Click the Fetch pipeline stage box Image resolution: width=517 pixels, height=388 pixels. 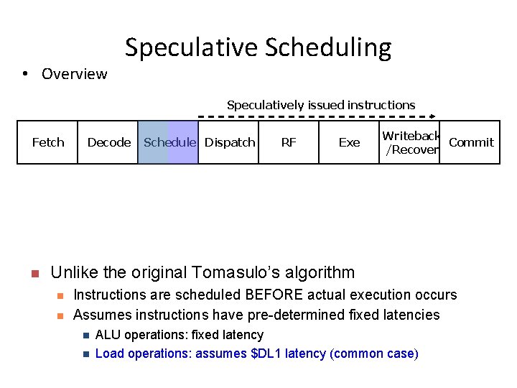(x=48, y=142)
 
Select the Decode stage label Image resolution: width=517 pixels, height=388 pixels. (x=109, y=142)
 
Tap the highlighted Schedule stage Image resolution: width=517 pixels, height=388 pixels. (x=169, y=142)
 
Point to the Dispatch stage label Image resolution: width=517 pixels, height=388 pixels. (x=230, y=142)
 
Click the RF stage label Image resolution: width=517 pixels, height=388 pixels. (x=289, y=142)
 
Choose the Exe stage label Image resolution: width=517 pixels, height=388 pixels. (x=349, y=142)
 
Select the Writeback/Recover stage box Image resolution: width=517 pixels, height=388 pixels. (x=409, y=142)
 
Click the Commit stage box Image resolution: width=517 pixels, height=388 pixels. (x=470, y=142)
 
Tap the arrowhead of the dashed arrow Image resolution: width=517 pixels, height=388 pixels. (x=433, y=116)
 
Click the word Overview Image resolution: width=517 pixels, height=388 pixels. (x=74, y=74)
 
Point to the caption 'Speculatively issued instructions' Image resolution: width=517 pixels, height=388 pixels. (x=321, y=105)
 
